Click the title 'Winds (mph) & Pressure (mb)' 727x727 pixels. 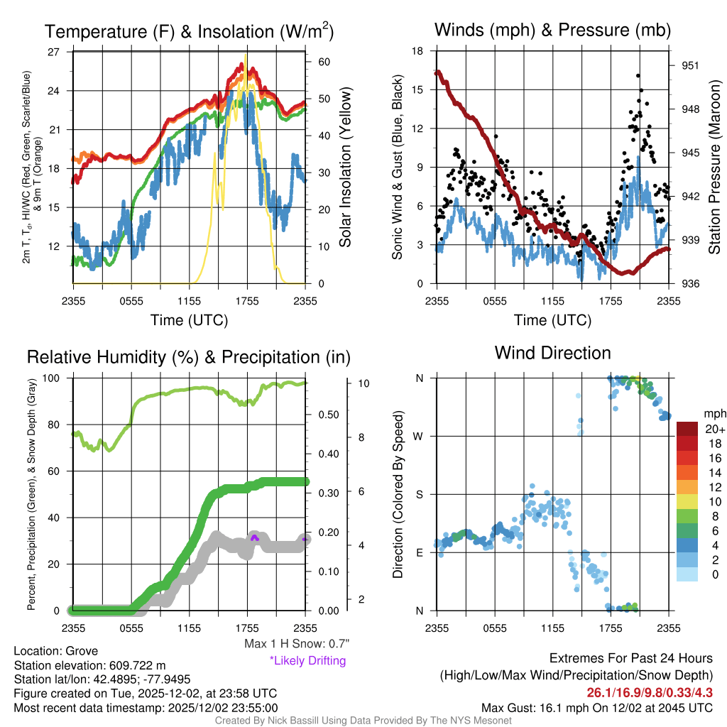pos(552,31)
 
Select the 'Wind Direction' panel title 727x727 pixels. pos(552,353)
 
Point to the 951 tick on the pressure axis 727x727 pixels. pos(691,65)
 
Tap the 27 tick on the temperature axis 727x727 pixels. pos(53,52)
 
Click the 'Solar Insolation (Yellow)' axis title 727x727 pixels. pos(346,168)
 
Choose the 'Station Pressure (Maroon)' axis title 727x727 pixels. pos(714,168)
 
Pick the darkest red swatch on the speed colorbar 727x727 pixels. pos(688,429)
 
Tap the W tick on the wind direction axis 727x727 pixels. pos(420,436)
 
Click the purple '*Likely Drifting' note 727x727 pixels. pos(307,660)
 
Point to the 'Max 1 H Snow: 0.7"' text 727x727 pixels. pos(296,644)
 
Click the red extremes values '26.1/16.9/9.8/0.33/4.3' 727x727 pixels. pos(650,692)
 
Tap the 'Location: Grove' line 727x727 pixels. pos(56,651)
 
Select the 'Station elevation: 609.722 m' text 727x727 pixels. pos(89,665)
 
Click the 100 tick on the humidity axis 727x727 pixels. pos(53,378)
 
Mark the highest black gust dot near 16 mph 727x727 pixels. pos(638,75)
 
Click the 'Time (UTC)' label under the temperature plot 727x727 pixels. pos(189,320)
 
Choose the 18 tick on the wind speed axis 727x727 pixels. pos(418,52)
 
